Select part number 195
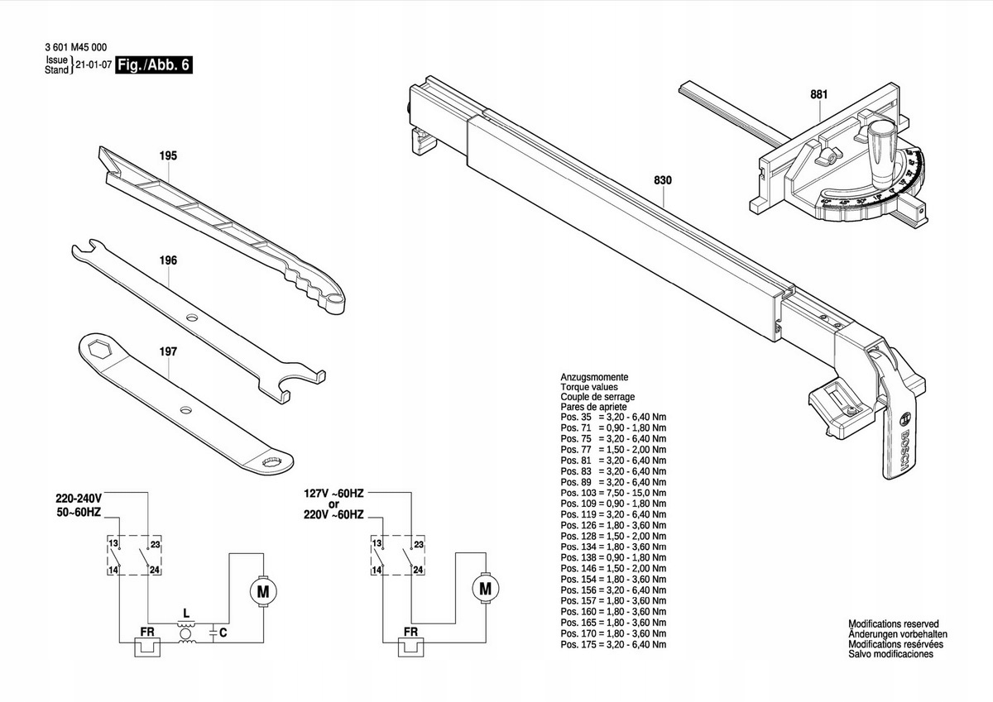click(168, 155)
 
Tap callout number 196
click(168, 260)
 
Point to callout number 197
click(168, 351)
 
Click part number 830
click(662, 180)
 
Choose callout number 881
click(818, 94)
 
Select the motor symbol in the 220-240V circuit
click(263, 591)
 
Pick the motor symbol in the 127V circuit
click(485, 590)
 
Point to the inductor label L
click(186, 614)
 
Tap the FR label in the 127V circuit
click(410, 633)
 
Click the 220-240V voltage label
click(79, 499)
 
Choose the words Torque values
click(588, 386)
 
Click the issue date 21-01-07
click(94, 64)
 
